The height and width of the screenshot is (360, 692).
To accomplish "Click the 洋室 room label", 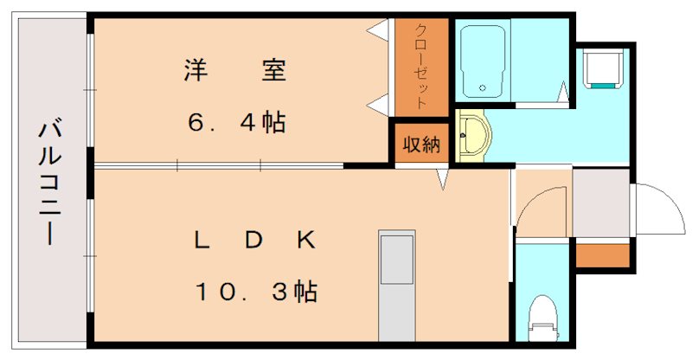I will [x=234, y=69].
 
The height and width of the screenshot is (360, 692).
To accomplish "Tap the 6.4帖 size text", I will [x=234, y=121].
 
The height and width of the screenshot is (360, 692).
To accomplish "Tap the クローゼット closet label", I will [x=420, y=65].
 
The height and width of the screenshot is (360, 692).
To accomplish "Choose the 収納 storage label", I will [x=420, y=144].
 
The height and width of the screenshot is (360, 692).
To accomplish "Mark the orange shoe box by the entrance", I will [x=603, y=255].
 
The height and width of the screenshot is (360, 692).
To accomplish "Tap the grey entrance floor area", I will [x=602, y=203].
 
